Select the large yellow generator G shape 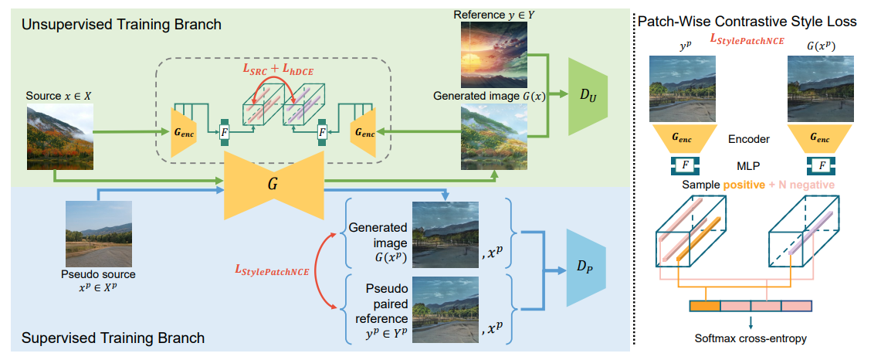click(273, 185)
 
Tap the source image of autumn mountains click(60, 138)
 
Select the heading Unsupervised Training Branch click(121, 25)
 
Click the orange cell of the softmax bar click(705, 307)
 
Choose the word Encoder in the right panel click(749, 140)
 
